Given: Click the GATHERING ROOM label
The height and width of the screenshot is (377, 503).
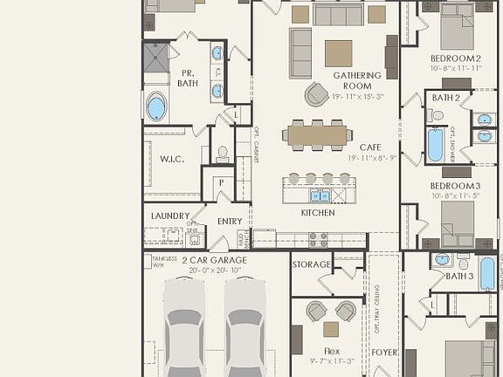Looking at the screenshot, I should tap(357, 81).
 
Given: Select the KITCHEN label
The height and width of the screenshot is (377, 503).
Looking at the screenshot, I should tap(318, 212).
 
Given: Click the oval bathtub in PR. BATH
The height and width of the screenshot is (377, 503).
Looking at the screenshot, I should tap(156, 108).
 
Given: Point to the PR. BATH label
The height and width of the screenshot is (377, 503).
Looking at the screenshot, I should tap(187, 79).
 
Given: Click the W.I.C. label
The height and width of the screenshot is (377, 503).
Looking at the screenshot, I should tap(170, 159).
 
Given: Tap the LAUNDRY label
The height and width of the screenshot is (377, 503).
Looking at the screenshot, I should tap(170, 216).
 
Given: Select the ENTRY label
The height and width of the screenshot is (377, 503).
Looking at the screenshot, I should tap(230, 222).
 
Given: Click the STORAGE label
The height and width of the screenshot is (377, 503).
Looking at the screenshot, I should tap(312, 264).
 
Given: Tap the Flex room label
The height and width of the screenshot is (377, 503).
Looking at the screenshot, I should tap(331, 351).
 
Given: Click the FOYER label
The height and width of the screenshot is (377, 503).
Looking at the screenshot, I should tap(384, 353).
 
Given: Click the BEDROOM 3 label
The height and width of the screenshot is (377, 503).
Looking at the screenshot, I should tap(455, 186).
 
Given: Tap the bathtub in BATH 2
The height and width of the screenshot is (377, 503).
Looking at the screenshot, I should tap(435, 145).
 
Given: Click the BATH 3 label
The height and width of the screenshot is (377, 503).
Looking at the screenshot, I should tap(459, 276).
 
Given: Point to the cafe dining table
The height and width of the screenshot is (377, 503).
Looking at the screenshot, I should tap(317, 135).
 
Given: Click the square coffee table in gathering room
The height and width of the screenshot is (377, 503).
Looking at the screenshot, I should tap(338, 53).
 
